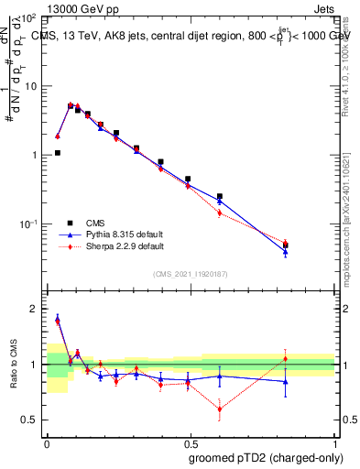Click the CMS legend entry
[x=94, y=223]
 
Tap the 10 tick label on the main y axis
[x=32, y=85]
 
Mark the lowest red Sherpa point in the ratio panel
[x=220, y=409]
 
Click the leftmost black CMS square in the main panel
[x=57, y=153]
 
